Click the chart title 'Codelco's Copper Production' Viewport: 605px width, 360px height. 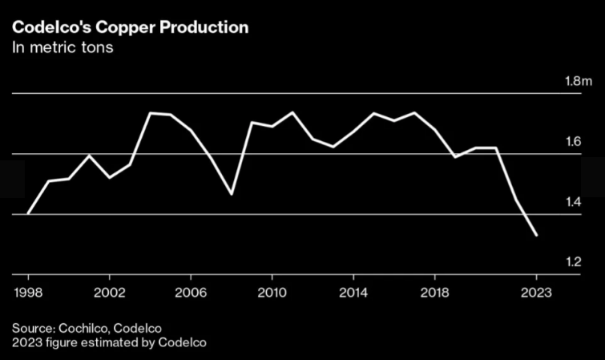click(130, 27)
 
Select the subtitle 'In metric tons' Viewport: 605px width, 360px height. click(63, 48)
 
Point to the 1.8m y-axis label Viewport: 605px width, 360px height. click(579, 82)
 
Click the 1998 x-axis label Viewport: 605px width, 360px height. click(29, 292)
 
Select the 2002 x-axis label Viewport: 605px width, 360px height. click(110, 292)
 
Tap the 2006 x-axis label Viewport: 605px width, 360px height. click(191, 292)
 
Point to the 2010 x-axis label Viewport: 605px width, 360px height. click(272, 292)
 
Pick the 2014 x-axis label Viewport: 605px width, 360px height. click(353, 292)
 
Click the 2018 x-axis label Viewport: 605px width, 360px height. click(434, 292)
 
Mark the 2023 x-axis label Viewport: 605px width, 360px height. click(536, 292)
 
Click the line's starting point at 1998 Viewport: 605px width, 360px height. click(29, 213)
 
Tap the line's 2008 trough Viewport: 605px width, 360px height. click(232, 194)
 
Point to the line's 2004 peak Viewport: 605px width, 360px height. click(151, 113)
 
